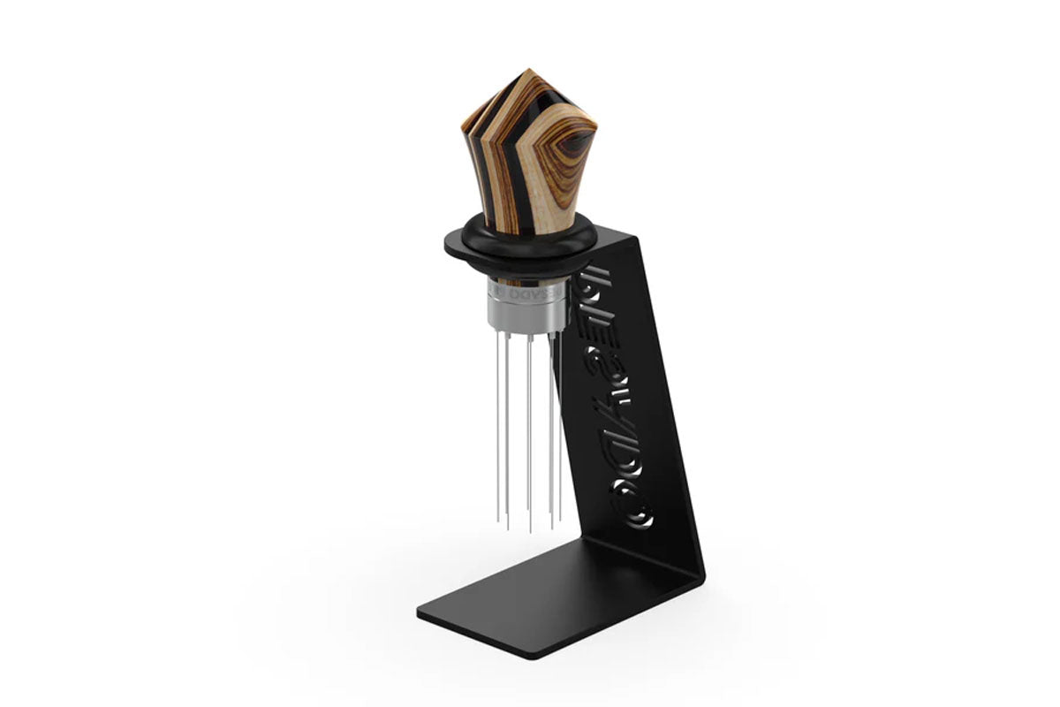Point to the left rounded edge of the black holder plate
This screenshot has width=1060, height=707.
pyautogui.click(x=449, y=246)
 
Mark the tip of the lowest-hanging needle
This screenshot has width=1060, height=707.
pyautogui.click(x=530, y=531)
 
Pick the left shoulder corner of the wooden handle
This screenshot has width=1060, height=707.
pyautogui.click(x=463, y=124)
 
